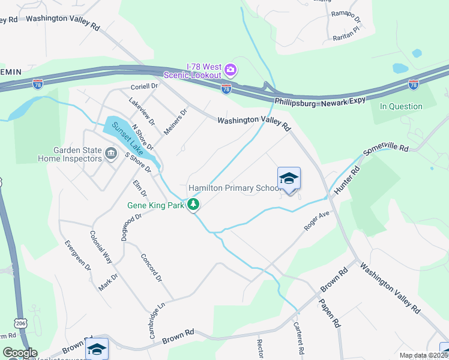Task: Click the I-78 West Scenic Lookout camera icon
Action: pyautogui.click(x=230, y=71)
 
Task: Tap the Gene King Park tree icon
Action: pyautogui.click(x=193, y=205)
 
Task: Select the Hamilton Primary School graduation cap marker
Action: pyautogui.click(x=289, y=179)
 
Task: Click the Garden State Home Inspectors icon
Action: pyautogui.click(x=110, y=154)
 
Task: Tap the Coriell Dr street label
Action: pyautogui.click(x=143, y=86)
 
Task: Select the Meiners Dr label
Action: pyautogui.click(x=176, y=121)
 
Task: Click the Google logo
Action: pyautogui.click(x=20, y=353)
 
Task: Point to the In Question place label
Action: pyautogui.click(x=401, y=107)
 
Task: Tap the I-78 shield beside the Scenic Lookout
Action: pyautogui.click(x=226, y=89)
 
